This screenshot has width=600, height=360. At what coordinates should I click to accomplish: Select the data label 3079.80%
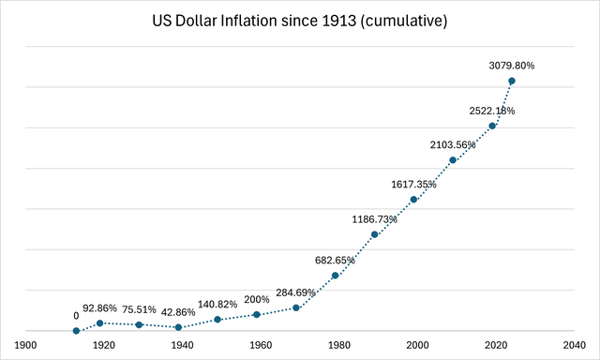tap(511, 66)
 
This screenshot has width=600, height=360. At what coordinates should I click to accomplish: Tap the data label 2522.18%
tap(491, 111)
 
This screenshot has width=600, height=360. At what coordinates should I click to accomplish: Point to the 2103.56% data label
tap(452, 145)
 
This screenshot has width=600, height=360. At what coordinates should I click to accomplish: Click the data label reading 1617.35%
tap(412, 185)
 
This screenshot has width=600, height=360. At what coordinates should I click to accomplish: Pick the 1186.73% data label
tap(373, 219)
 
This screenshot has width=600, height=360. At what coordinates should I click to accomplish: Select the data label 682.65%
tap(335, 261)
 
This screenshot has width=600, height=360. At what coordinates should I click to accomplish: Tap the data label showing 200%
tap(256, 299)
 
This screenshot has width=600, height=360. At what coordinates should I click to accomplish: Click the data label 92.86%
tap(100, 307)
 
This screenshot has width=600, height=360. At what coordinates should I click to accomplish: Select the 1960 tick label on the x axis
tap(261, 344)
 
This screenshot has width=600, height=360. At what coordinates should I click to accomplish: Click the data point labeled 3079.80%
tap(511, 81)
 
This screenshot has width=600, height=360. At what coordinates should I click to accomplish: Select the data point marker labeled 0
tap(76, 330)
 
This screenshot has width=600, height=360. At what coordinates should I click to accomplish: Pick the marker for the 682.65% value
tap(335, 276)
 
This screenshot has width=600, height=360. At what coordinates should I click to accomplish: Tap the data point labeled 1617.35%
tap(413, 200)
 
